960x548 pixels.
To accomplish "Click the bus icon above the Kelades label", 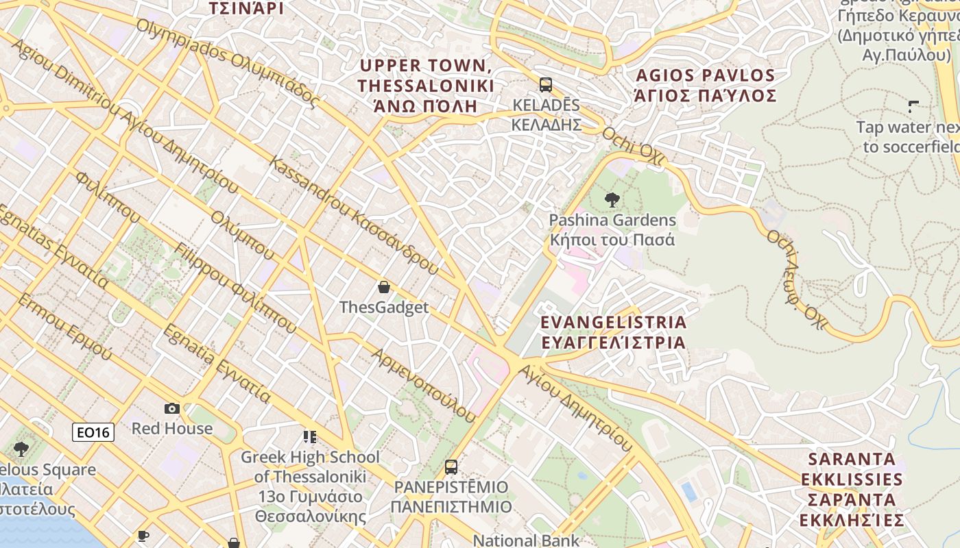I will (x=545, y=85).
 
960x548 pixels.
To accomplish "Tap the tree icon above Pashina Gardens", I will (x=612, y=200).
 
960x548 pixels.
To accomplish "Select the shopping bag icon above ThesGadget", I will (x=384, y=287).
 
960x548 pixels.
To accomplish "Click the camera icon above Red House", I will (x=172, y=408).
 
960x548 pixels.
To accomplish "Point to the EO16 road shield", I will (x=93, y=432).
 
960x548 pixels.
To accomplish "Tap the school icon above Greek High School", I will (x=310, y=436).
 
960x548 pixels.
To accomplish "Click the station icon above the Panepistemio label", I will (x=451, y=467).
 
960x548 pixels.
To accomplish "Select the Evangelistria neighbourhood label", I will (x=613, y=332).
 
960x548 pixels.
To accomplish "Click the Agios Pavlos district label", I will (x=706, y=86).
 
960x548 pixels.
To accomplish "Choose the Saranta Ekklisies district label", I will (x=852, y=489).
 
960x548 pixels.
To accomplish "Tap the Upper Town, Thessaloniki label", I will (x=425, y=86).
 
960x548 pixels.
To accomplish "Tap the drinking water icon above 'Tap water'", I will (x=913, y=106).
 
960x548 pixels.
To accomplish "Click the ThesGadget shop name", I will (x=384, y=308).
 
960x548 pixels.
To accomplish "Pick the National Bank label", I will (x=526, y=540).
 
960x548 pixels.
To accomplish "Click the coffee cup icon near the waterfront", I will (x=143, y=536).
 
